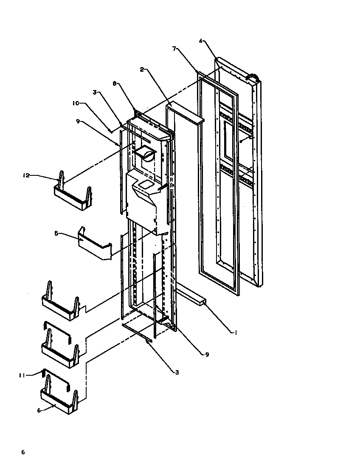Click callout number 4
coord(201,41)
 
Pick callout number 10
coord(75,103)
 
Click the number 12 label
coord(25,175)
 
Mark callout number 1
coord(234,333)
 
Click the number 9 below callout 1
coord(207,354)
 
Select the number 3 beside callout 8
coord(96,92)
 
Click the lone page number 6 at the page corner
coord(23,452)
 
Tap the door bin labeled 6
coord(59,401)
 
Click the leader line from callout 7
coord(187,62)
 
